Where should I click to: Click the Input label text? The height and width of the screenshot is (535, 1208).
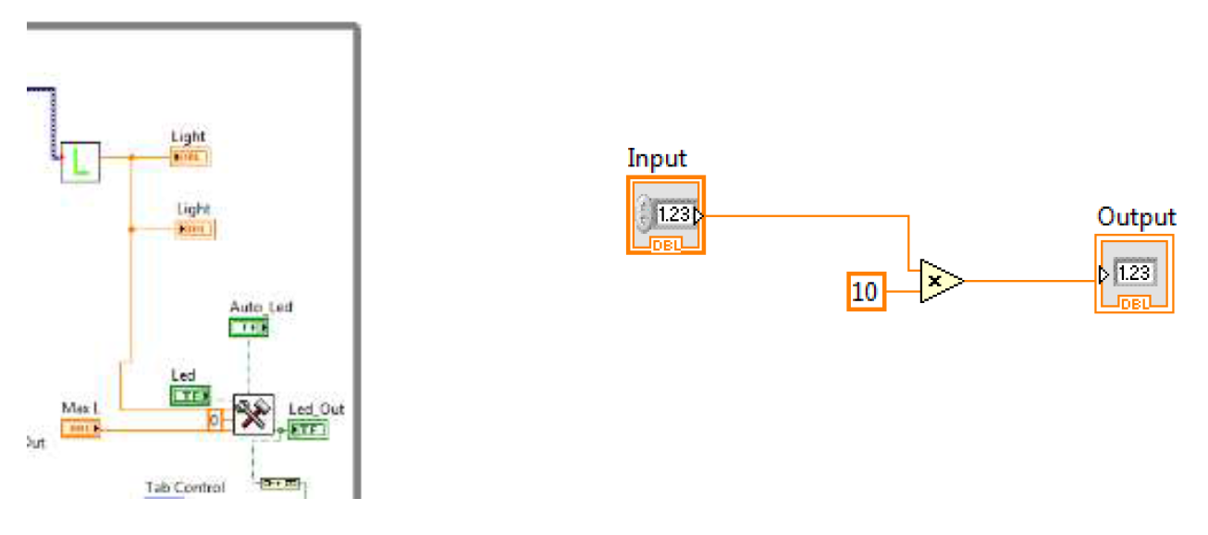coord(657,158)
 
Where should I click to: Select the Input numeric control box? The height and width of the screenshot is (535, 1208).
coord(666,214)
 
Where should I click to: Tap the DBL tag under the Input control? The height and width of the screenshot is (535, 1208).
coord(666,245)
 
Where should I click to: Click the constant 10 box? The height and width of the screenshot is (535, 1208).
coord(866,293)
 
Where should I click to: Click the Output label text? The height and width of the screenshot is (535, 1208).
coord(1136,217)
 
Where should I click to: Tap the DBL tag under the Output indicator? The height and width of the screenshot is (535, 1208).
coord(1134,304)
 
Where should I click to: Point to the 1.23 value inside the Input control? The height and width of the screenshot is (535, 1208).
coord(674,215)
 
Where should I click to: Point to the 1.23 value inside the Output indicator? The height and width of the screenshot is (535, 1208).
coord(1133,274)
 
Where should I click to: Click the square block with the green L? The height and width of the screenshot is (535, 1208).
coord(80,163)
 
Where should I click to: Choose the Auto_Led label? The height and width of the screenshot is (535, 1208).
coord(261,306)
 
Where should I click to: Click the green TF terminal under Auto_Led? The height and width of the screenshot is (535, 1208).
coord(249,327)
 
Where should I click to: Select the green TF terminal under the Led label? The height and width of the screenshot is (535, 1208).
coord(191,395)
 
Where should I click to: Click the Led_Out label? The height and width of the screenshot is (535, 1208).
coord(316,409)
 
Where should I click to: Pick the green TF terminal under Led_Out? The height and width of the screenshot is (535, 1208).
coord(307,430)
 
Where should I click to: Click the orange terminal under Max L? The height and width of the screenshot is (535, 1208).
coord(80,428)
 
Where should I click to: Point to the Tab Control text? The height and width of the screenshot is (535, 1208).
coord(184,487)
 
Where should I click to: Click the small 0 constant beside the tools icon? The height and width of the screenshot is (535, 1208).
coord(215,419)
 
